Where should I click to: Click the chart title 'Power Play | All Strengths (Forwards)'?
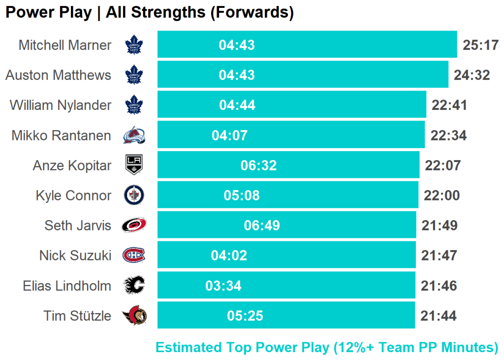pyautogui.click(x=149, y=13)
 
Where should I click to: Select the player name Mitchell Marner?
pyautogui.click(x=65, y=45)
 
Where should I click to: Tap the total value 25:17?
pyautogui.click(x=481, y=45)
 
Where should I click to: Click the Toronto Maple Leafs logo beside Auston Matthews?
pyautogui.click(x=134, y=75)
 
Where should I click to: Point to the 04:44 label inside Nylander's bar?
pyautogui.click(x=237, y=105)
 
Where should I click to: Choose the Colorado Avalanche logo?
pyautogui.click(x=134, y=135)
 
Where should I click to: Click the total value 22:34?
pyautogui.click(x=448, y=135)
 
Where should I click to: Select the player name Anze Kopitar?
pyautogui.click(x=72, y=165)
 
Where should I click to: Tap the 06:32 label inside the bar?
pyautogui.click(x=258, y=165)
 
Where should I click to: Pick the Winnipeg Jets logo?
pyautogui.click(x=134, y=196)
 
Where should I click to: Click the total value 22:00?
pyautogui.click(x=441, y=196)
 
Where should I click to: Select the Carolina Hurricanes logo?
pyautogui.click(x=134, y=226)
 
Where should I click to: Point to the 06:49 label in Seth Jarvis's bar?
pyautogui.click(x=262, y=226)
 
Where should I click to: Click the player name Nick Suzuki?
pyautogui.click(x=75, y=256)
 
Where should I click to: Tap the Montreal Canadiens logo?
pyautogui.click(x=134, y=256)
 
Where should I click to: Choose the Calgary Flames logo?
pyautogui.click(x=134, y=286)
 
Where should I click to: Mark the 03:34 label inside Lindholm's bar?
pyautogui.click(x=223, y=286)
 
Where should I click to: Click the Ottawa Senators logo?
pyautogui.click(x=134, y=316)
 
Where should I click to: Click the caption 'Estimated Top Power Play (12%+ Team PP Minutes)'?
pyautogui.click(x=327, y=348)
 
